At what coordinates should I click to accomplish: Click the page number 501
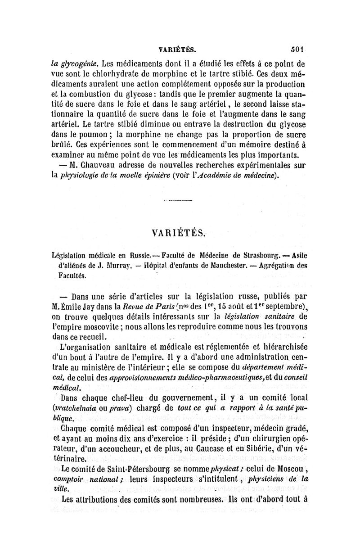(298, 46)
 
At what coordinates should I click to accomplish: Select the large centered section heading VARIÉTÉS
(179, 233)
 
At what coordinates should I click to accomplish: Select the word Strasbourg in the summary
(267, 256)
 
